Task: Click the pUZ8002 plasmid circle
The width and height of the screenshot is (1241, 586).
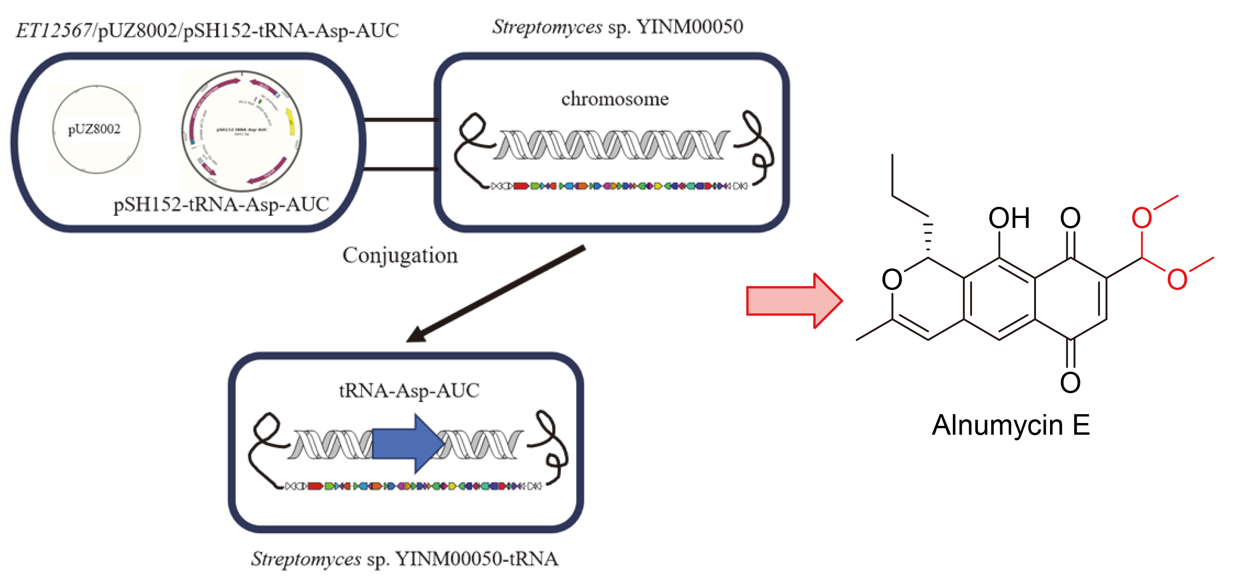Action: (x=96, y=129)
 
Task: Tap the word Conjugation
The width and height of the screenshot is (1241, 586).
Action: (x=400, y=255)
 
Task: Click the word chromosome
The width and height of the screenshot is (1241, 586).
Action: (x=615, y=99)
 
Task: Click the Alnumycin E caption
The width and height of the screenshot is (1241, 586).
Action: (x=1010, y=425)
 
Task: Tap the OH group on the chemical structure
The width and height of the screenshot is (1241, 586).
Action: (x=1009, y=219)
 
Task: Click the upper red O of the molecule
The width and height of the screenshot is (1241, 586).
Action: (x=1142, y=219)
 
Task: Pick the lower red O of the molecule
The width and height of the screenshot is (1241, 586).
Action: (x=1177, y=280)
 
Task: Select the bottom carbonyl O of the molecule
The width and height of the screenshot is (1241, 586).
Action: (x=1070, y=382)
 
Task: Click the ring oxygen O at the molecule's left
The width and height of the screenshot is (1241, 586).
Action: (x=892, y=280)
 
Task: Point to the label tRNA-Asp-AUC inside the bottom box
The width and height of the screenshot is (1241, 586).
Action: (x=409, y=390)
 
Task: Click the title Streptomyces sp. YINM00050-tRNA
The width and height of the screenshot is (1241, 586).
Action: (x=405, y=559)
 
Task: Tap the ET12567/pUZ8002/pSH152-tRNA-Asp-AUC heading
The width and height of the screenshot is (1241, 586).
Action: (x=207, y=30)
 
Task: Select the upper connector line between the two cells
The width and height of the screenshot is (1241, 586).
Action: (x=401, y=119)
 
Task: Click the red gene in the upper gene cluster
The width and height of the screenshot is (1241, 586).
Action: (x=521, y=186)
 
